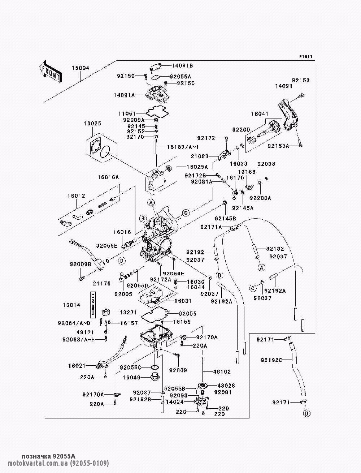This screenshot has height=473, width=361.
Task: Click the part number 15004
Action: click(81, 68)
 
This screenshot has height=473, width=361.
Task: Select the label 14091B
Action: click(182, 65)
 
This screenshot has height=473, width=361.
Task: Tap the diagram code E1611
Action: click(306, 57)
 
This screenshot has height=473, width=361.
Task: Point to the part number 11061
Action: click(127, 113)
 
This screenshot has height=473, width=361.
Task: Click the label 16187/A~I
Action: click(183, 147)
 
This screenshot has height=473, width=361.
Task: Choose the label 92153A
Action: click(278, 146)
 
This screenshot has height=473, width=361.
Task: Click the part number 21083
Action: click(200, 156)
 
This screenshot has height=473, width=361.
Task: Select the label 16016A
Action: click(108, 177)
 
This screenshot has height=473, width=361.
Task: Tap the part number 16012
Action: click(77, 195)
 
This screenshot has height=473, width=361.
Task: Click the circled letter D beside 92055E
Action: click(122, 261)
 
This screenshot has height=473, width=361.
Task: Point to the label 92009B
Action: click(81, 264)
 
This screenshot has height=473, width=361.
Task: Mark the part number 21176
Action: click(101, 284)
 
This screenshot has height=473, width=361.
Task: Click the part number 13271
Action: click(128, 312)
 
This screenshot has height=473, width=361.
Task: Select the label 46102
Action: click(222, 371)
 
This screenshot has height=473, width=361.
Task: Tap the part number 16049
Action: click(131, 377)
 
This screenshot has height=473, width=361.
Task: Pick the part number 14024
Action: click(175, 402)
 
